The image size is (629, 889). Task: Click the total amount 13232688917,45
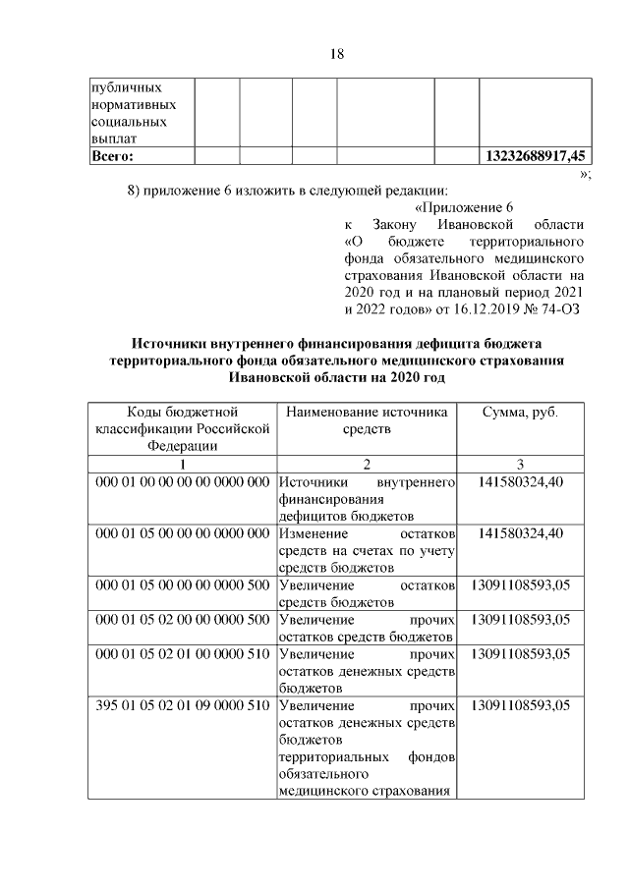tap(537, 155)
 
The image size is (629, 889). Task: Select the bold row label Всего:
tap(113, 155)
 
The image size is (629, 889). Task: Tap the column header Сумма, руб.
tap(520, 413)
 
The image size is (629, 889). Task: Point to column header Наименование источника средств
tap(367, 420)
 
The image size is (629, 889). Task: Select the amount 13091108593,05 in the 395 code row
tap(520, 706)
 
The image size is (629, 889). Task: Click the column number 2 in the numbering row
tap(367, 465)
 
